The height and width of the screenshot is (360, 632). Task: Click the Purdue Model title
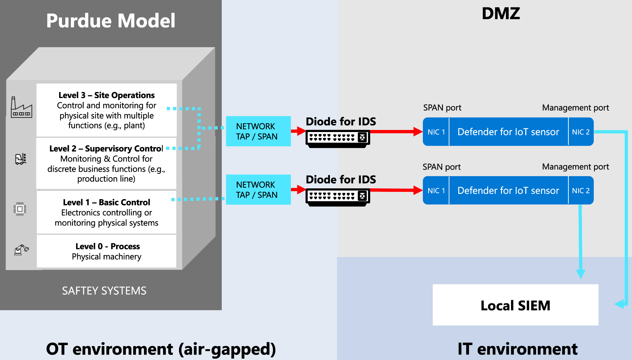point(111,21)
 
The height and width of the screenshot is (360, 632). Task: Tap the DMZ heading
point(501,14)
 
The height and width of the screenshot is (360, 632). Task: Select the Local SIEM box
point(515,305)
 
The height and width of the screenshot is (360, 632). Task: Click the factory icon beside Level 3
point(21,107)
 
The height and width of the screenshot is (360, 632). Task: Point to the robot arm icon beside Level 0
point(21,250)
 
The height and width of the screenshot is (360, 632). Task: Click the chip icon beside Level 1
point(20,209)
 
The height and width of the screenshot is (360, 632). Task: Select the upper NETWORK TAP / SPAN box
point(258,131)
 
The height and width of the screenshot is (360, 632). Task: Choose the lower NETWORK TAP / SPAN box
point(258,190)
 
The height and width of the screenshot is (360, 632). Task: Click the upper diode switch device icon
point(338,138)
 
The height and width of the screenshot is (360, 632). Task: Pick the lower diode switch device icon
point(338,197)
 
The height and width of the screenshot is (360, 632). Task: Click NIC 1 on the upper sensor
point(436,132)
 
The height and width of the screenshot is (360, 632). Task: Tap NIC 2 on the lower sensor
point(581,191)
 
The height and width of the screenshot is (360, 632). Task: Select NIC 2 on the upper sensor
point(581,132)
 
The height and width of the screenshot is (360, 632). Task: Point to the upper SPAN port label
point(442,108)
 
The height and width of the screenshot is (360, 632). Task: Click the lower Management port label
point(575,167)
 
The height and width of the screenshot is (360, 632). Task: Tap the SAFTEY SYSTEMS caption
point(104,291)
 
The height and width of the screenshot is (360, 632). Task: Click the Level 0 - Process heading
point(107,246)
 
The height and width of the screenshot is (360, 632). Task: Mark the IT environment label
point(517,349)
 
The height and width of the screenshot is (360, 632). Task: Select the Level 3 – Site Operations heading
point(106,95)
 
